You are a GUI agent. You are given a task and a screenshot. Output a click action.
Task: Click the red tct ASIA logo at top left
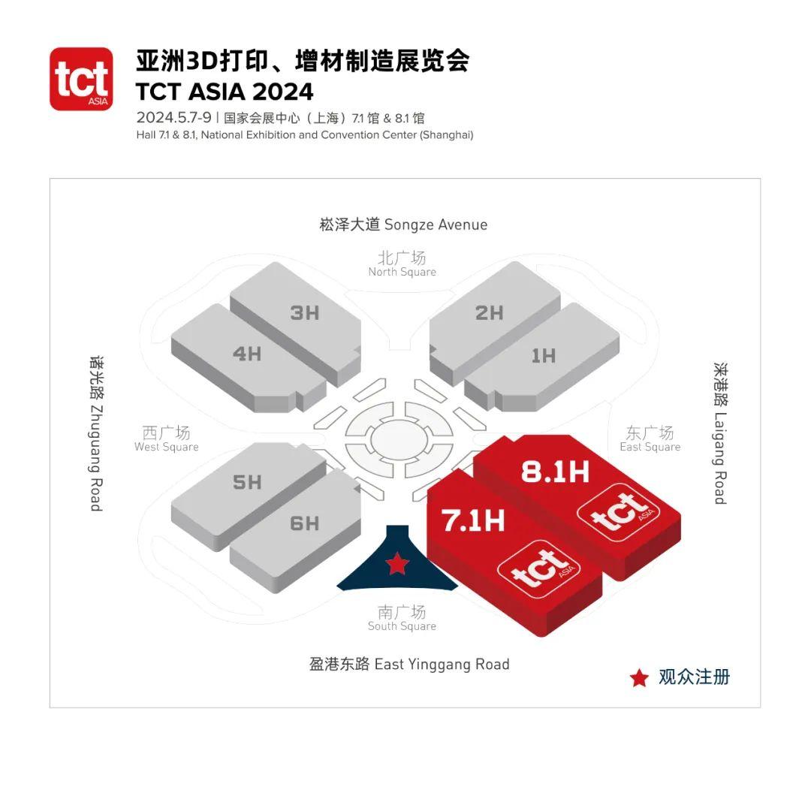[81, 79]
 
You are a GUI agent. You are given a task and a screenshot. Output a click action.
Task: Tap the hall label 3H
[304, 313]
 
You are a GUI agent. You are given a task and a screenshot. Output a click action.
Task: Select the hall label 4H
[247, 354]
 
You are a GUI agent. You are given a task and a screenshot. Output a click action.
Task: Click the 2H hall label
[490, 313]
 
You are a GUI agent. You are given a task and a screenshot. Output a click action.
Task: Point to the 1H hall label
[544, 356]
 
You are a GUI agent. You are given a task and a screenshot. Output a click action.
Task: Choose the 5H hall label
[247, 482]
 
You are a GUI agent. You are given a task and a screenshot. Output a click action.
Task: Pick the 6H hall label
[304, 523]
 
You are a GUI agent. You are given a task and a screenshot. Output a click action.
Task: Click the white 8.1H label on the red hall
[555, 472]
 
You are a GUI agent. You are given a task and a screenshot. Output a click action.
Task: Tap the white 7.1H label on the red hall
[473, 520]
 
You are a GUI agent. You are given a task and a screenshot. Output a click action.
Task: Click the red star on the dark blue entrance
[397, 563]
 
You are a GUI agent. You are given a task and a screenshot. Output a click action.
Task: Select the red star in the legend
[639, 677]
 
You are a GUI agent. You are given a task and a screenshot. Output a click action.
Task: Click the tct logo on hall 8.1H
[619, 512]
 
